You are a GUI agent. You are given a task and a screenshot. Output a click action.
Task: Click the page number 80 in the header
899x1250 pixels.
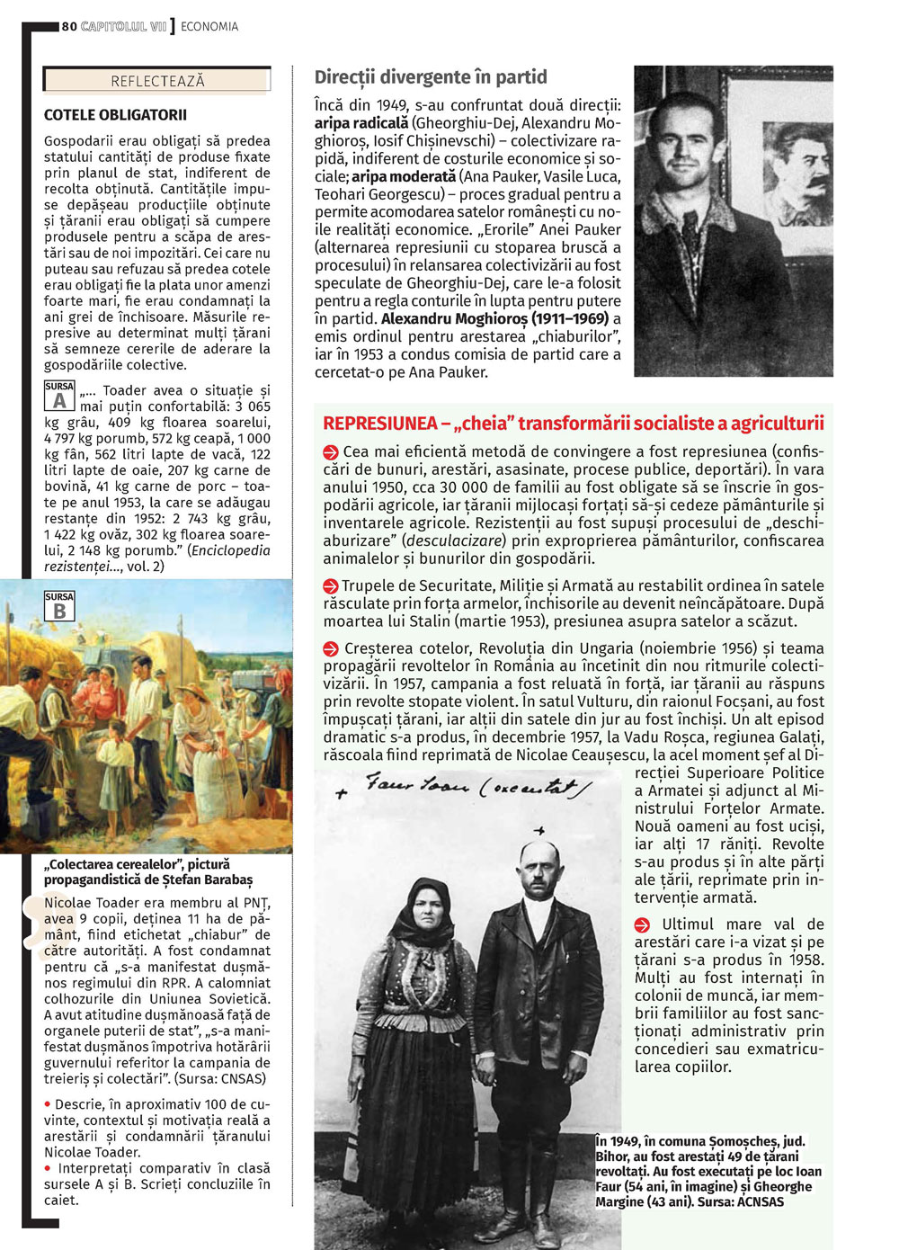[x=69, y=27]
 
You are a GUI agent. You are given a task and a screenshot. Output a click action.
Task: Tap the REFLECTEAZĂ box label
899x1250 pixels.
[x=157, y=81]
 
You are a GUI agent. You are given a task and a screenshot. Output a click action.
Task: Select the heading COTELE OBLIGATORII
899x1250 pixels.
[x=115, y=115]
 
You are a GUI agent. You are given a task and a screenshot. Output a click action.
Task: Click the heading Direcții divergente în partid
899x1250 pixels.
[x=431, y=77]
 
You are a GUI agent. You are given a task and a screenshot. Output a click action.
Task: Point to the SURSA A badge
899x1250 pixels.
[x=59, y=397]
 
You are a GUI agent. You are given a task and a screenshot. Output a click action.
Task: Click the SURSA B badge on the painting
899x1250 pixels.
[x=59, y=607]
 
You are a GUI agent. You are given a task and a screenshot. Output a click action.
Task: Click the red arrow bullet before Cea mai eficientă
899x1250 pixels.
[x=331, y=452]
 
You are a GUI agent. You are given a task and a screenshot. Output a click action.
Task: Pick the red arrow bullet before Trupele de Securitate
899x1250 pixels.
[x=331, y=586]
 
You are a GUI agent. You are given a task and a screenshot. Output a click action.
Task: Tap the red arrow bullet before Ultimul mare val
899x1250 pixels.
[x=642, y=925]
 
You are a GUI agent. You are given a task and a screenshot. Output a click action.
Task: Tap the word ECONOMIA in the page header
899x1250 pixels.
[x=209, y=27]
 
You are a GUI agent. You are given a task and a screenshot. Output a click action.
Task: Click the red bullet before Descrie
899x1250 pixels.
[x=48, y=1104]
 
